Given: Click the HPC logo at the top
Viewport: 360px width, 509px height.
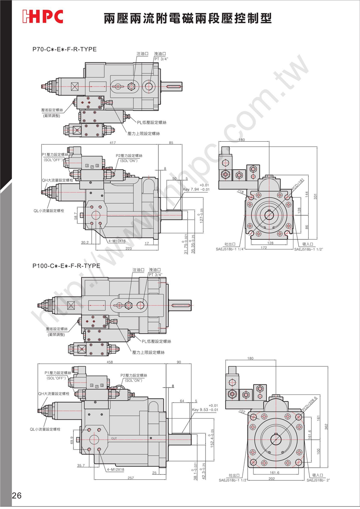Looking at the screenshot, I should point(42,17).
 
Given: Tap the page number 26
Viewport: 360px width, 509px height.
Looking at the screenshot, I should point(17,496).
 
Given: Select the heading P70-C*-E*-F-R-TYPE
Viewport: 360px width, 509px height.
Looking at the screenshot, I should point(64,49).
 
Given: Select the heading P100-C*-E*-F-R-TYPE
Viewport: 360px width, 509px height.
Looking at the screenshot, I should point(66,266).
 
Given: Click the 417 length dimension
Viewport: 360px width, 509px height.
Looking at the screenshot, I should point(113,143).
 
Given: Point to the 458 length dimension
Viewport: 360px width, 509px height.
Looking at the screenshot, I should point(110,362).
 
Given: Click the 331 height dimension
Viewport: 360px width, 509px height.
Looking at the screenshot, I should point(315,196).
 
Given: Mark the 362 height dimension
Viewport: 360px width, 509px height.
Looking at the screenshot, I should point(327,426).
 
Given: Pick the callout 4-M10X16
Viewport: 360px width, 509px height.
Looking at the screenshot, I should point(117,241).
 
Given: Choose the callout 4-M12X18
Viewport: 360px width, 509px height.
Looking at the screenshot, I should point(115,470).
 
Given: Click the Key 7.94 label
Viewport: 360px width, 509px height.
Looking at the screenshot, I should point(196,189).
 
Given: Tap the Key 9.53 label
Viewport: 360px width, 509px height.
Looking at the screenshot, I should point(205,410).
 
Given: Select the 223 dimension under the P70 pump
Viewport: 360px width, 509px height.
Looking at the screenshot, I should point(129,249).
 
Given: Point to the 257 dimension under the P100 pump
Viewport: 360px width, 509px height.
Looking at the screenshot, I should point(131,478).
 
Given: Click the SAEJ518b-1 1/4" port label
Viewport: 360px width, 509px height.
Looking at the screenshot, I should point(230,249).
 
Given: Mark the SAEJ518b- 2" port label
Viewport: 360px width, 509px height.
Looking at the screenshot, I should point(318,480).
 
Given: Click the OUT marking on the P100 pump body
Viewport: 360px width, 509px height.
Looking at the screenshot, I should point(114,438).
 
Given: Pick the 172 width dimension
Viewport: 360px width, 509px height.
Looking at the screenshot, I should point(264,248).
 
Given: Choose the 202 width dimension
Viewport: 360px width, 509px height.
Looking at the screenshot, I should point(271,479).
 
